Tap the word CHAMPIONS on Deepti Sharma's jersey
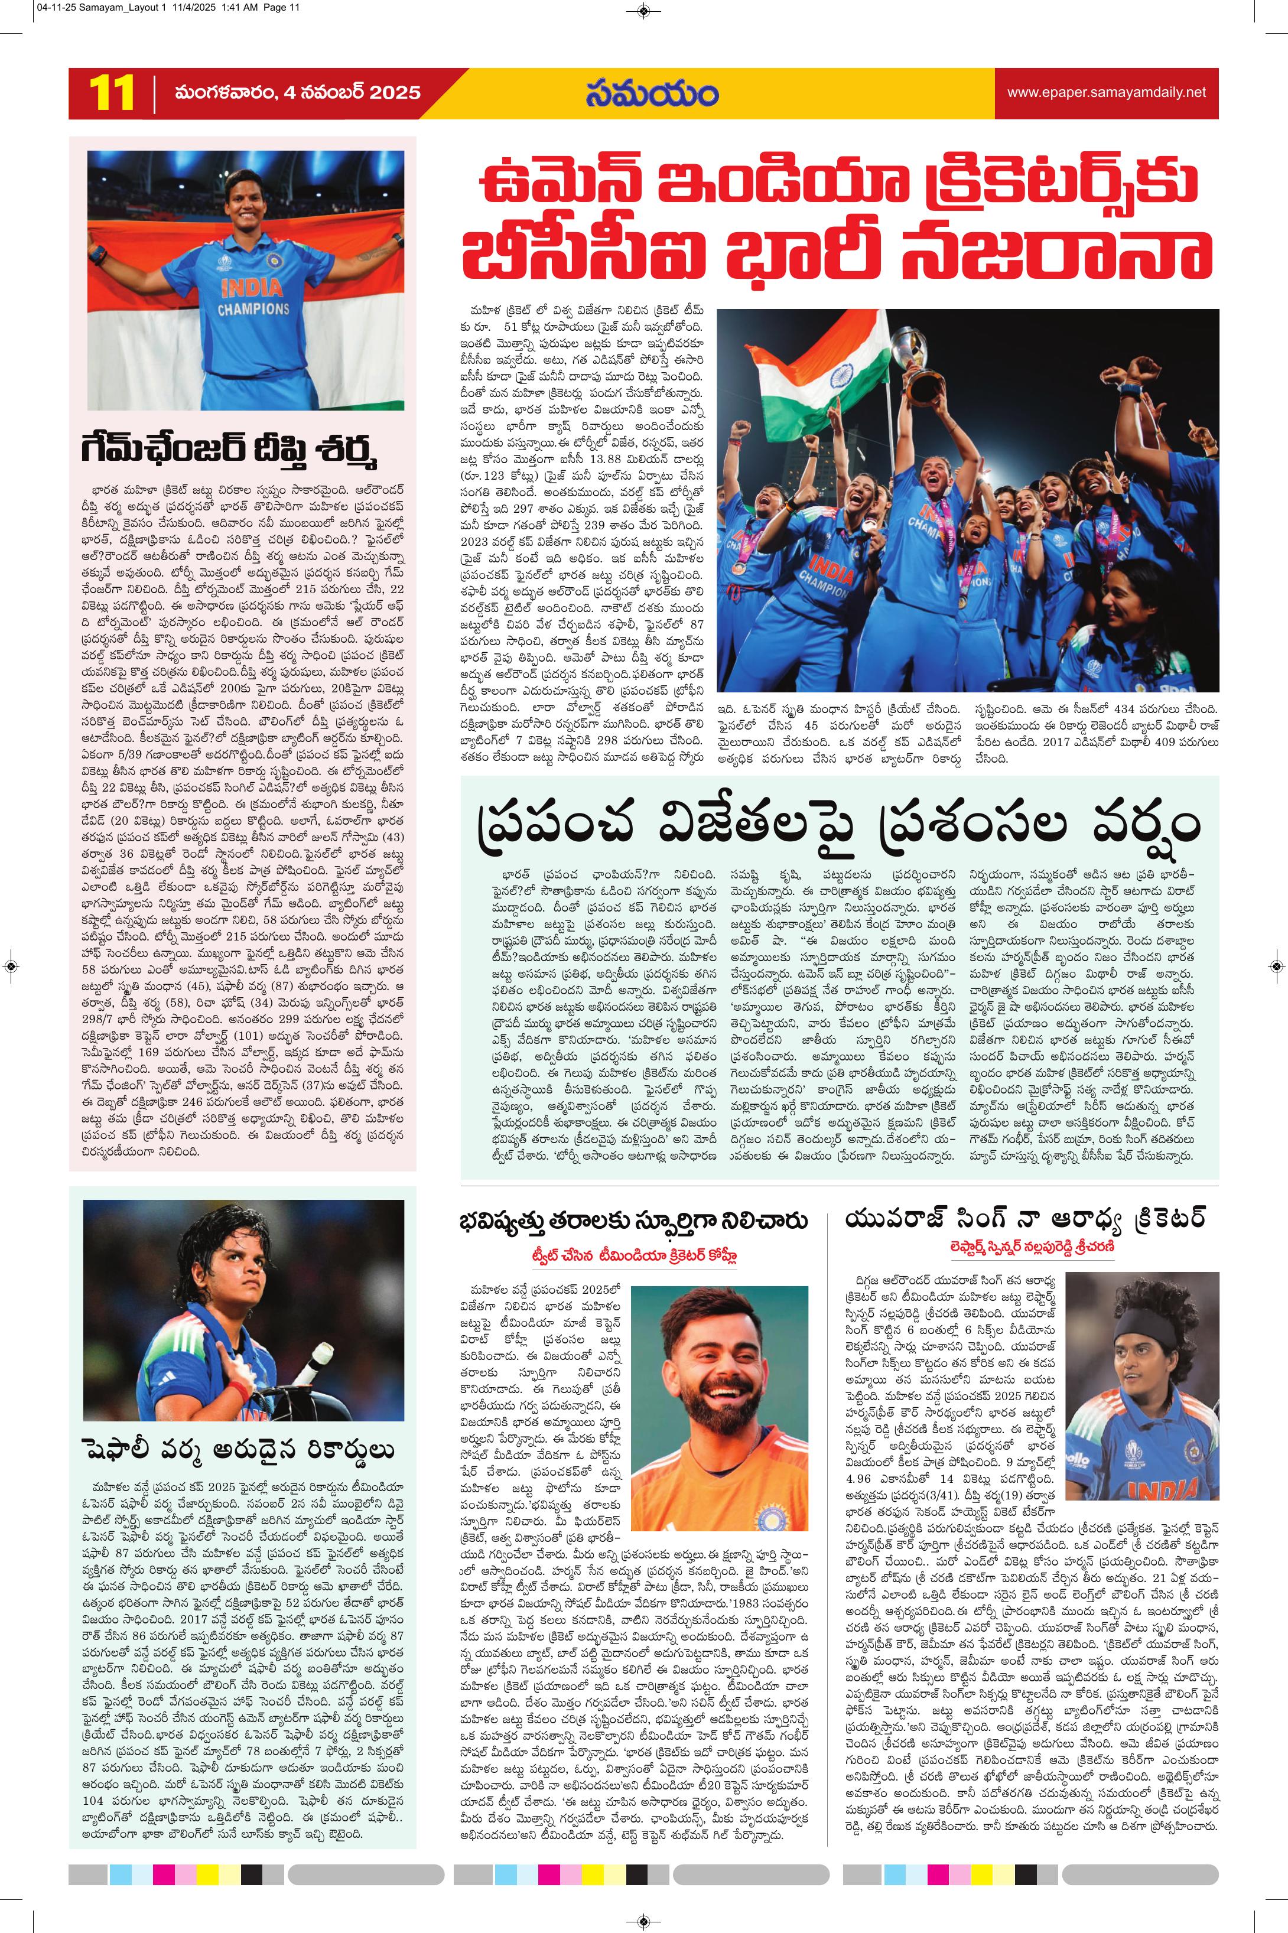coord(253,310)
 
